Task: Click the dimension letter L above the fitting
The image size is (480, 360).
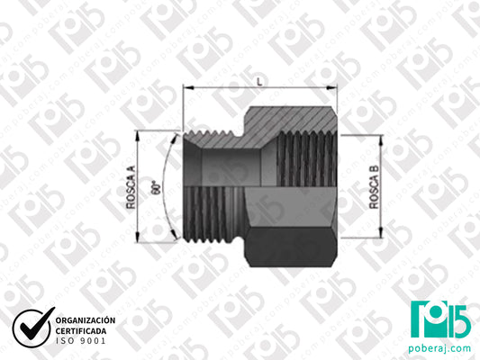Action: (x=259, y=81)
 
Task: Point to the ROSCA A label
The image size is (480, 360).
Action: (x=132, y=188)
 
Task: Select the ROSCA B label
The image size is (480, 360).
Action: (x=375, y=187)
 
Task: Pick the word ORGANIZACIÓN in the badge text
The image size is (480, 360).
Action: (x=86, y=320)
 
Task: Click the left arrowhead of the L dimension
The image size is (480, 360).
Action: (x=186, y=88)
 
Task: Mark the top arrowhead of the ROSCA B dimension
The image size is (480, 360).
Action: (x=383, y=139)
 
